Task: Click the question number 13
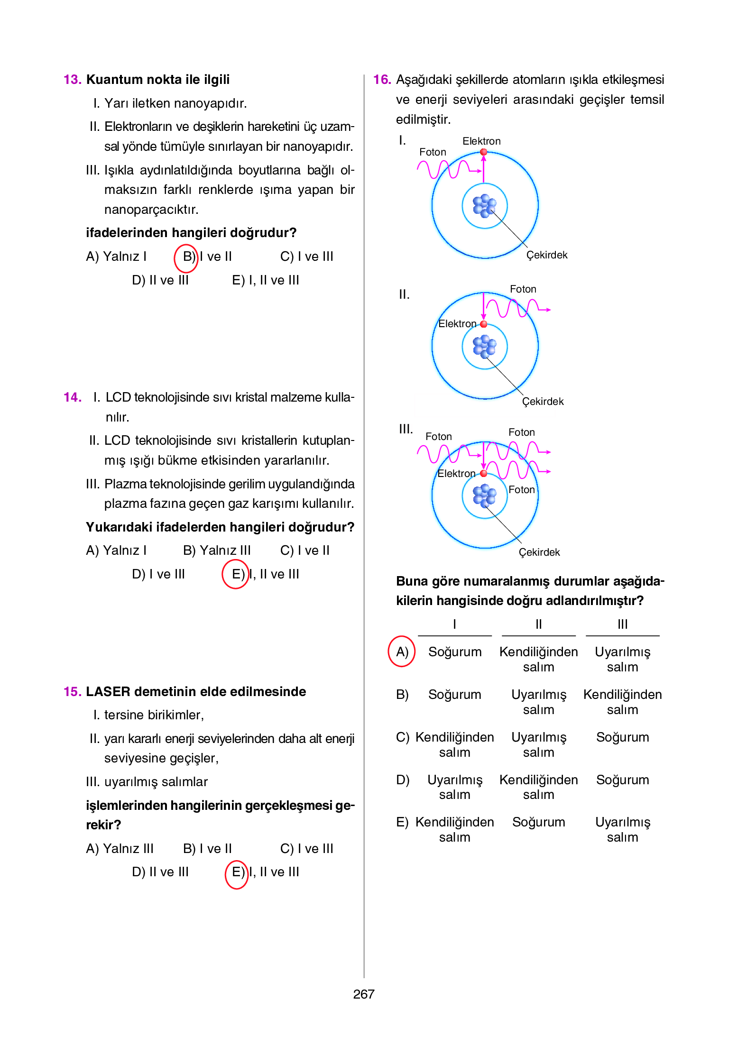point(72,80)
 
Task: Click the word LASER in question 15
point(108,692)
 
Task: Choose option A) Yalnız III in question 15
point(120,849)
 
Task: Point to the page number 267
point(364,994)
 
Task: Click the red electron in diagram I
point(483,152)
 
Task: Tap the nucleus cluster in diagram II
point(484,347)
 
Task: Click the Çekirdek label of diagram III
point(539,552)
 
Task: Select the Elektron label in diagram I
point(481,141)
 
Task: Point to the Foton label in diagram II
point(523,289)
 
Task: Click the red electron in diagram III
point(483,473)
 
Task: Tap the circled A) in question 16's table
point(402,652)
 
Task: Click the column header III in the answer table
point(622,624)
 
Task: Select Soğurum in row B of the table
point(454,695)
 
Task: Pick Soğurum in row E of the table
point(538,822)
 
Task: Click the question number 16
point(382,80)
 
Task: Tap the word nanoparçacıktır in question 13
point(151,210)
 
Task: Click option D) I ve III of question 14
point(158,574)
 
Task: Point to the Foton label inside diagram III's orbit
point(521,490)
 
